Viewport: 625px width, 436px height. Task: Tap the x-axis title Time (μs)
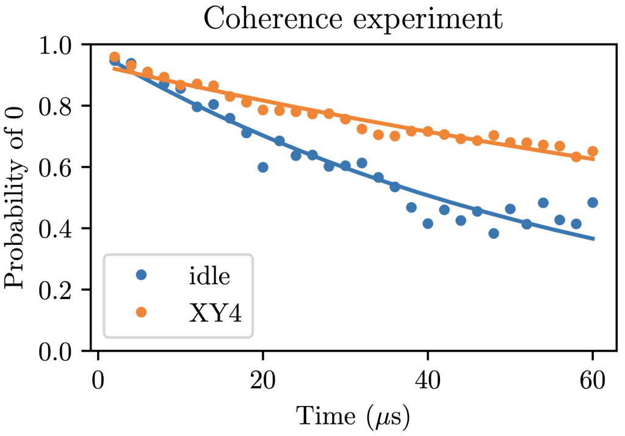click(x=352, y=416)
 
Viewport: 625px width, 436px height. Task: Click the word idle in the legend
click(x=209, y=276)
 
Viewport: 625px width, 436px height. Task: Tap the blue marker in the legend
click(x=142, y=275)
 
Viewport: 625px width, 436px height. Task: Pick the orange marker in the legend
click(x=142, y=311)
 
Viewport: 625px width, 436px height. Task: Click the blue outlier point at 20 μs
click(x=263, y=167)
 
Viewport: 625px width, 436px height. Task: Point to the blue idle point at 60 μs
click(x=592, y=203)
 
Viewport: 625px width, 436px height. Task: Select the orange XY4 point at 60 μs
click(x=592, y=151)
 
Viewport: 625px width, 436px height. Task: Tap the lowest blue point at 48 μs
click(x=494, y=233)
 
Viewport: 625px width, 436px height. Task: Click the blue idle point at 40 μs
click(x=428, y=223)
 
